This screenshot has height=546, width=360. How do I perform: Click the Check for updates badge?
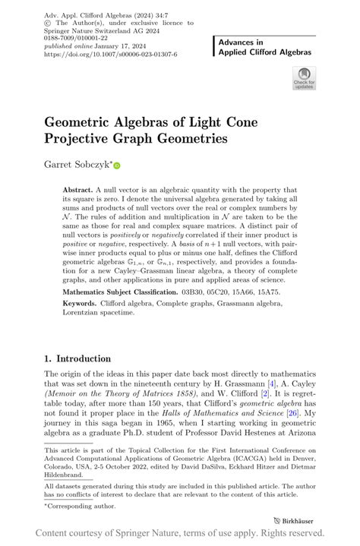click(x=304, y=79)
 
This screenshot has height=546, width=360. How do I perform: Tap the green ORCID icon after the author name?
click(x=117, y=165)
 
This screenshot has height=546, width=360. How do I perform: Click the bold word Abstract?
click(x=79, y=190)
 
